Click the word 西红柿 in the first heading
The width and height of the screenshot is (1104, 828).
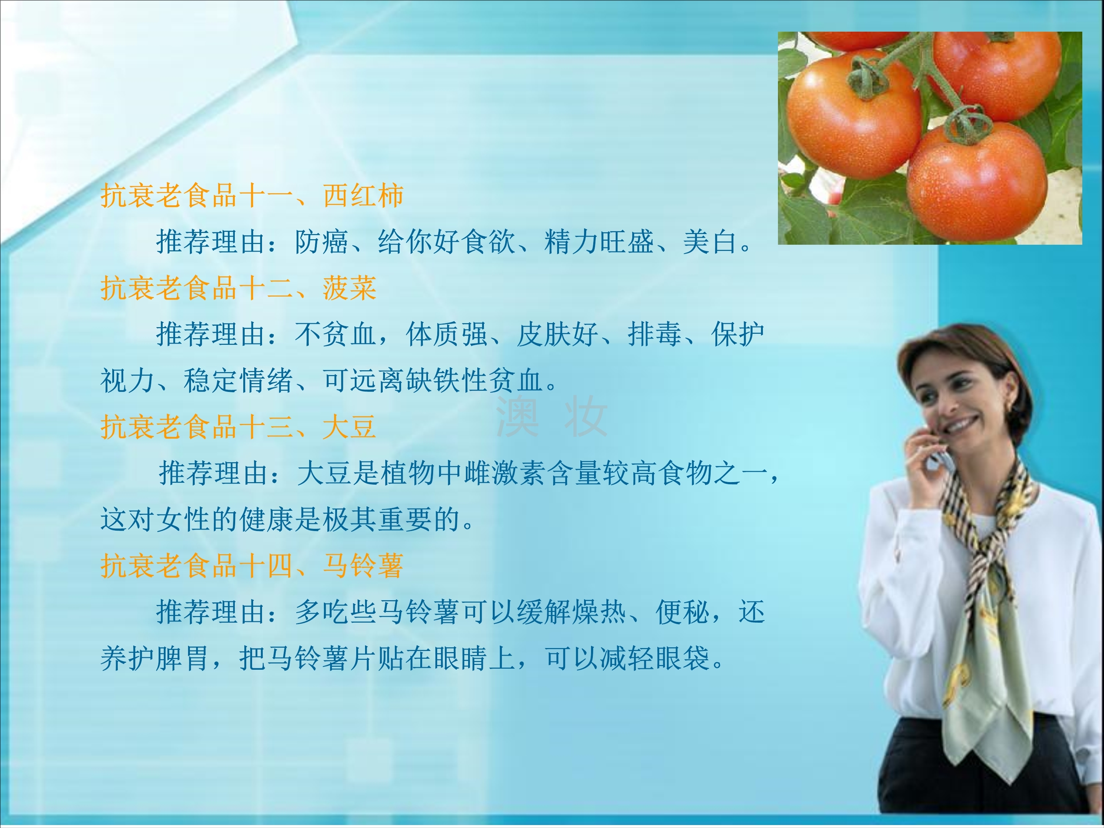tap(363, 195)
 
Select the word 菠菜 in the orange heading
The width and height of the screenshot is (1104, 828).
tap(349, 288)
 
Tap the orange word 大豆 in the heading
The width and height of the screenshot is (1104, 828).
tap(349, 427)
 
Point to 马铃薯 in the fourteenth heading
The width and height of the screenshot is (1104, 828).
tap(363, 566)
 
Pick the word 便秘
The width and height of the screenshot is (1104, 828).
tap(682, 612)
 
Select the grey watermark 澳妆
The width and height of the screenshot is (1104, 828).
tap(551, 416)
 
